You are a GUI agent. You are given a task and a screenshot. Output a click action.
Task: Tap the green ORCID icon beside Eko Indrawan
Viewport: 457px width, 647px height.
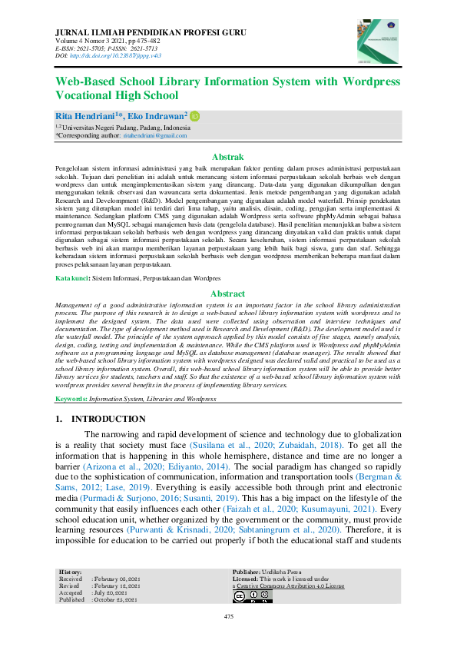click(195, 115)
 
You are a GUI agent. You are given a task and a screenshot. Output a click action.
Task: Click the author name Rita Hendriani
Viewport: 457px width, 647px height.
click(81, 115)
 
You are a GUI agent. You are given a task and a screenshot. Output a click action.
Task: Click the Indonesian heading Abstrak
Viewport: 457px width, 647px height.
click(227, 156)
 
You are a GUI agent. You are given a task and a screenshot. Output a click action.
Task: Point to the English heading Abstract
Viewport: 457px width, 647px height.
click(227, 294)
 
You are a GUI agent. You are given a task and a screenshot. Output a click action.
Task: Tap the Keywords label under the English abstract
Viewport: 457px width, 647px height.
click(71, 400)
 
